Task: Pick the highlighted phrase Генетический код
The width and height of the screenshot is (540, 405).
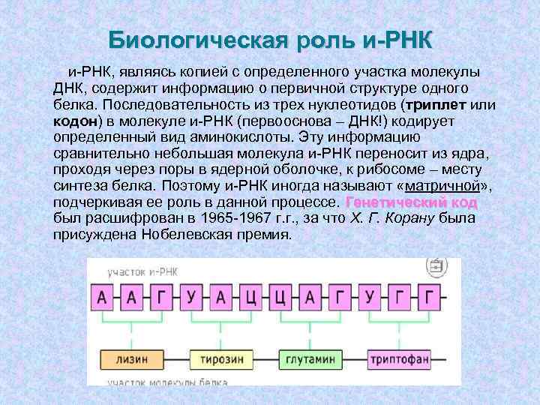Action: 411,202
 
